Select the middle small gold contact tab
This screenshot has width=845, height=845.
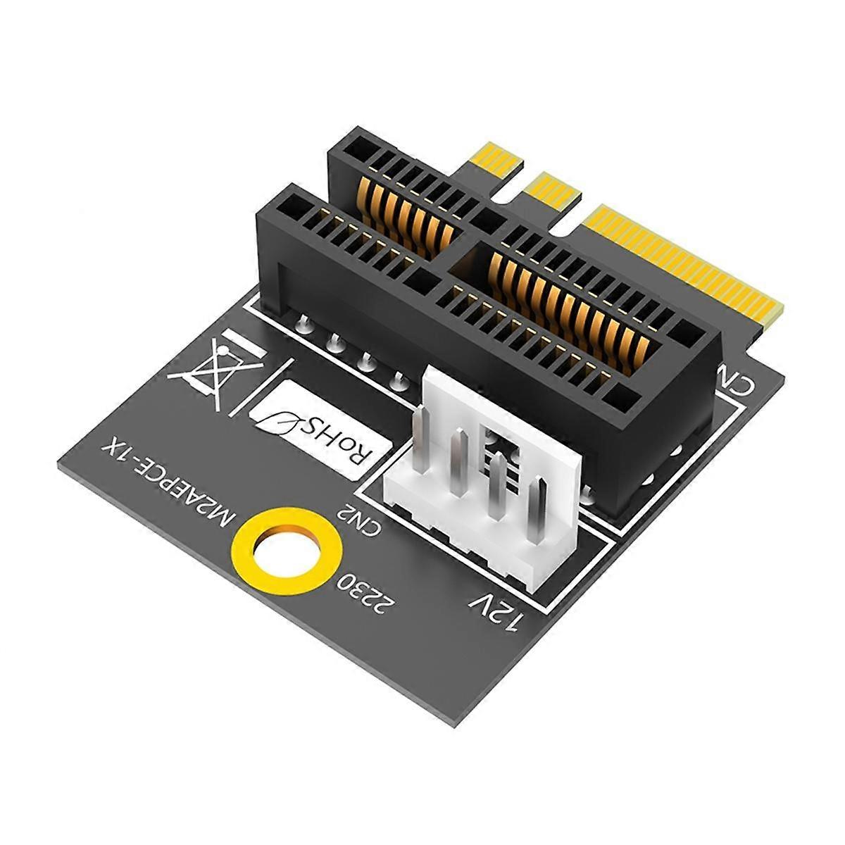coord(553,190)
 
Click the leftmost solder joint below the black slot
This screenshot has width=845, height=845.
coord(303,324)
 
